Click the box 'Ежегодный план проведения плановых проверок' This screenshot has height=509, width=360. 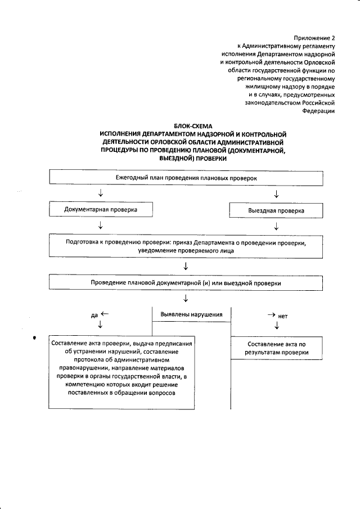point(186,177)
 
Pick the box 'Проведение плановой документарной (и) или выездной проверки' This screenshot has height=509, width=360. point(186,283)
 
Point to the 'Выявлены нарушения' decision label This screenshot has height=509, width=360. point(191,314)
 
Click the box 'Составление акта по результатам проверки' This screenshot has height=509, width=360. point(276,348)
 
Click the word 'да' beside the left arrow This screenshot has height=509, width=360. point(94,316)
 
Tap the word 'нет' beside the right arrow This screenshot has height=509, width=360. point(283,316)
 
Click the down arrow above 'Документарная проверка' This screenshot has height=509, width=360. point(100,194)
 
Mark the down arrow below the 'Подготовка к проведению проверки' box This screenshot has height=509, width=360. point(186,265)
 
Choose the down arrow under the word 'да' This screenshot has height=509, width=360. point(100,326)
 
